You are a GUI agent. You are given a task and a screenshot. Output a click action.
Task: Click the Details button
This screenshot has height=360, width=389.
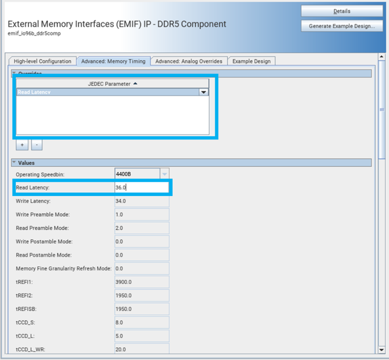point(342,11)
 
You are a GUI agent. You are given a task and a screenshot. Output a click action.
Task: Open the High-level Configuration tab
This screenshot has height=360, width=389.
point(42,61)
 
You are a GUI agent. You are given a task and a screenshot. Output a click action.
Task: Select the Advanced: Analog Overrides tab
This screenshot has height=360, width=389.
point(189,61)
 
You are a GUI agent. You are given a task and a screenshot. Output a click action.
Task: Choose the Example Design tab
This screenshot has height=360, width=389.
point(251,61)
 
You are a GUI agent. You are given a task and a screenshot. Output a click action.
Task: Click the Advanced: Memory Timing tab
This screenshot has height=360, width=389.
point(113,61)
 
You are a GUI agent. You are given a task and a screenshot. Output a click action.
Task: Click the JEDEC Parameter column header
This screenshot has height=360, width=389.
point(112,84)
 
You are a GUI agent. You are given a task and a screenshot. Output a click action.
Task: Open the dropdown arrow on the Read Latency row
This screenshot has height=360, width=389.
point(203,92)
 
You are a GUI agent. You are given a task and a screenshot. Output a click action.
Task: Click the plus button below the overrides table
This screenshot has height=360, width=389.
point(22,144)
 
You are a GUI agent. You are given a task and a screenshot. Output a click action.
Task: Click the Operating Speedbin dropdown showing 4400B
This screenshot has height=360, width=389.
point(141,174)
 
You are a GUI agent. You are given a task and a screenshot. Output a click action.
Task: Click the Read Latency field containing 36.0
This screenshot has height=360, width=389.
point(141,187)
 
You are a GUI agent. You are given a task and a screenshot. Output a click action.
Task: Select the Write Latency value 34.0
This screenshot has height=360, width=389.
point(141,201)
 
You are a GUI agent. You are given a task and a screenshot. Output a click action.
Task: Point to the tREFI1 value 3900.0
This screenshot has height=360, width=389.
point(141,282)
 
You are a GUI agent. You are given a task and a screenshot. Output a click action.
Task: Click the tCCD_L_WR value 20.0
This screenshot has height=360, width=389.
point(141,349)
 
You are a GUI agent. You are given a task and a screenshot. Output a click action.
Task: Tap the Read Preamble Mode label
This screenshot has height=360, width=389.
point(42,228)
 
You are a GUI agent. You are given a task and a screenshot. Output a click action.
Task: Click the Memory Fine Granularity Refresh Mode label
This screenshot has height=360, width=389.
point(63,268)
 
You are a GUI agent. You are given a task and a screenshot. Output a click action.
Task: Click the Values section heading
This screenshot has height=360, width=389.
point(26,163)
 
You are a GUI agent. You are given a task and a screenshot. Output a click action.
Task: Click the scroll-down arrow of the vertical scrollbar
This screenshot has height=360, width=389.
point(382,349)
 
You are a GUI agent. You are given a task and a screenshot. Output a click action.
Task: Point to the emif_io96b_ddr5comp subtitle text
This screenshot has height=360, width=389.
point(34,34)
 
